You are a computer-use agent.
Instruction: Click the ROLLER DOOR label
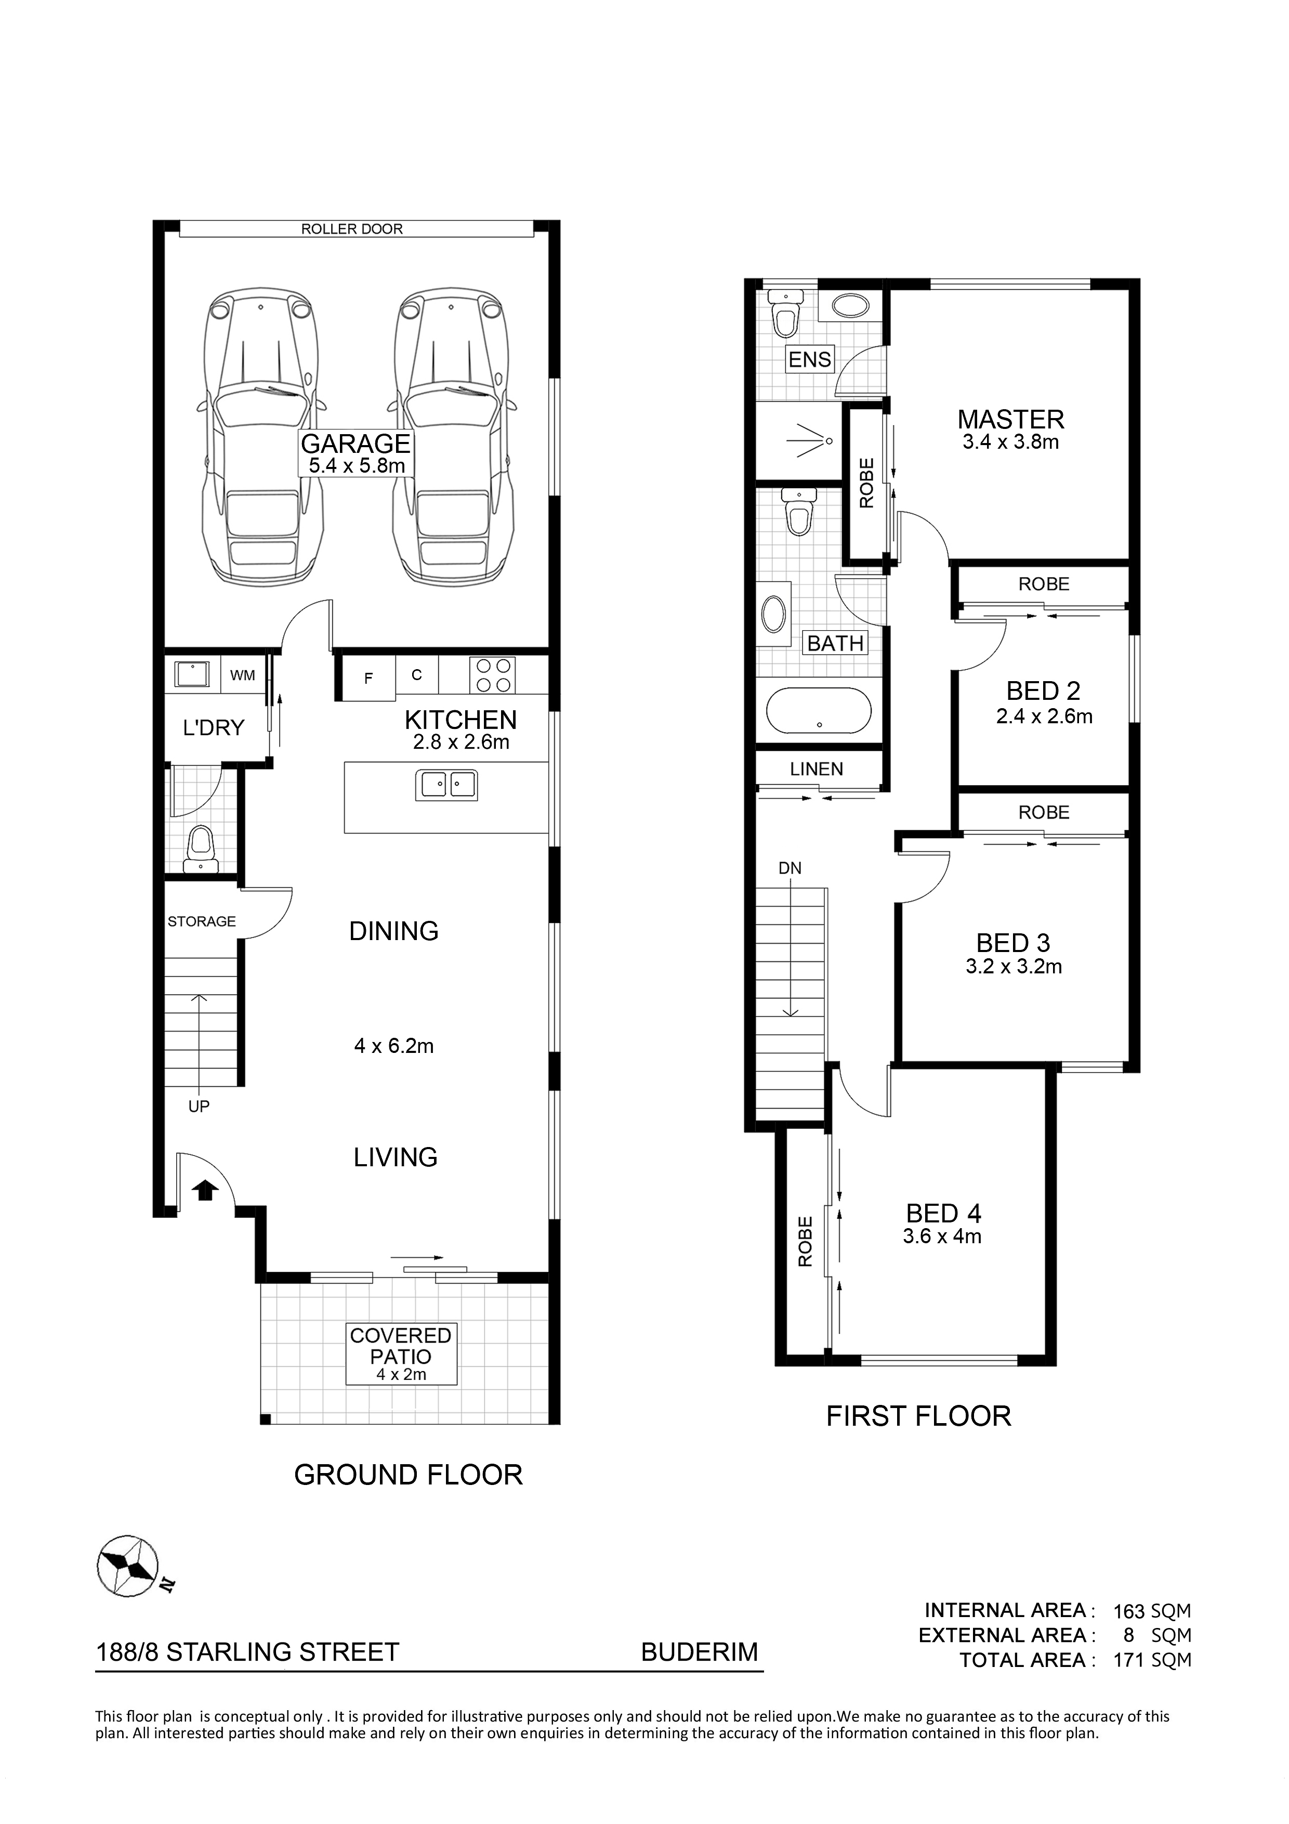(x=352, y=229)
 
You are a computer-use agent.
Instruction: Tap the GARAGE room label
(x=356, y=444)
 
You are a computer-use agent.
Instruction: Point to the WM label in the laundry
(x=242, y=675)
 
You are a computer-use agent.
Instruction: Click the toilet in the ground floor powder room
(x=201, y=849)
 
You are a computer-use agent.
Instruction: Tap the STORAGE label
(x=202, y=921)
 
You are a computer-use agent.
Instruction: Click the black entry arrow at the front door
(x=206, y=1189)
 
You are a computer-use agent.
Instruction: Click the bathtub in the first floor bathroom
(x=818, y=710)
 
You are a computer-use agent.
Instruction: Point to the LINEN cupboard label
(x=817, y=769)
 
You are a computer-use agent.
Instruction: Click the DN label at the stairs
(x=790, y=868)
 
